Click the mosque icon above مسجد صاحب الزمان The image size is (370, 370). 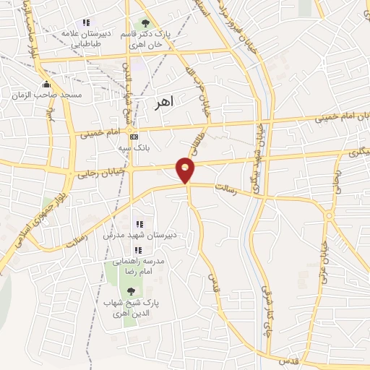47,84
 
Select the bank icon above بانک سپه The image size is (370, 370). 134,137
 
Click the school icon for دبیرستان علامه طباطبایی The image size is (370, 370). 87,23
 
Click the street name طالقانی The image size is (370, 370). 194,135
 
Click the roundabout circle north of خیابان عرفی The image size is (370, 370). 328,215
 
